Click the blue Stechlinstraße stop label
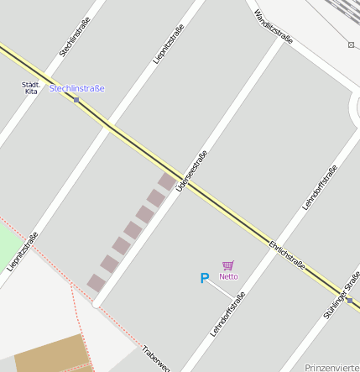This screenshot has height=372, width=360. [x=77, y=88]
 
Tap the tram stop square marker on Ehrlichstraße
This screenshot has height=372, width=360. [x=76, y=100]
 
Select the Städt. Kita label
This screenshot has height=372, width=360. [x=31, y=87]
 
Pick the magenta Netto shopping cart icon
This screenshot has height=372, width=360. [x=228, y=265]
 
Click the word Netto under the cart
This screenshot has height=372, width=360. [x=228, y=276]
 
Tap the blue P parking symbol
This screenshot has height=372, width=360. [x=204, y=278]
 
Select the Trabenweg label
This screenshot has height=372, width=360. [x=157, y=359]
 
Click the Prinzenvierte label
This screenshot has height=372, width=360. [x=331, y=368]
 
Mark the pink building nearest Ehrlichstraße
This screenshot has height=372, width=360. [x=167, y=181]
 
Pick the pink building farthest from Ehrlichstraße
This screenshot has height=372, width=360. [x=97, y=282]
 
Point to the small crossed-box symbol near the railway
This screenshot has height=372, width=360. [x=351, y=45]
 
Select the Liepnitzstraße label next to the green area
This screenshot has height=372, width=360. [x=23, y=250]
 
